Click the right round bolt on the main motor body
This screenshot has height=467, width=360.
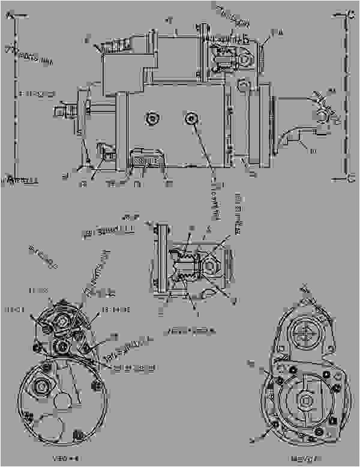tap(191, 118)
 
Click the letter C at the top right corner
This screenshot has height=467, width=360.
tap(350, 16)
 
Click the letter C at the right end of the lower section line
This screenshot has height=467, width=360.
tap(350, 176)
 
